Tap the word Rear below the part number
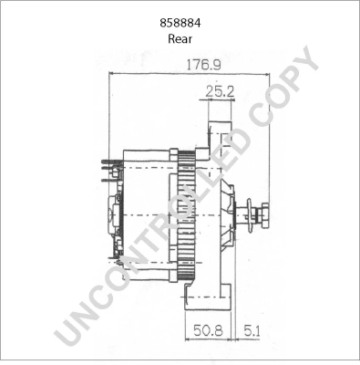tap(180, 39)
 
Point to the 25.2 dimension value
tap(218, 91)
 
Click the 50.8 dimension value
tap(205, 332)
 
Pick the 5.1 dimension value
tap(249, 332)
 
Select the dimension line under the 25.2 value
tap(218, 99)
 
